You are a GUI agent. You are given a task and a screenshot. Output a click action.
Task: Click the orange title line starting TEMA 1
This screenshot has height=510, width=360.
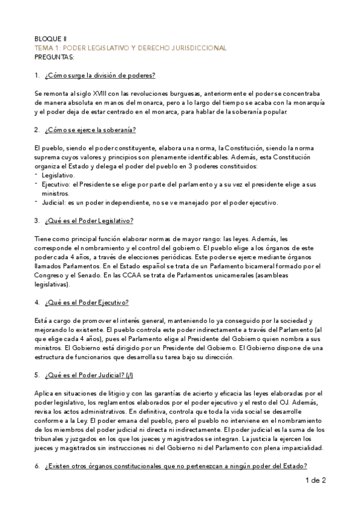[130, 48]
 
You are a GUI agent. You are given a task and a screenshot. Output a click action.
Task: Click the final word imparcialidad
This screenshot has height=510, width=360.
[300, 448]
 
